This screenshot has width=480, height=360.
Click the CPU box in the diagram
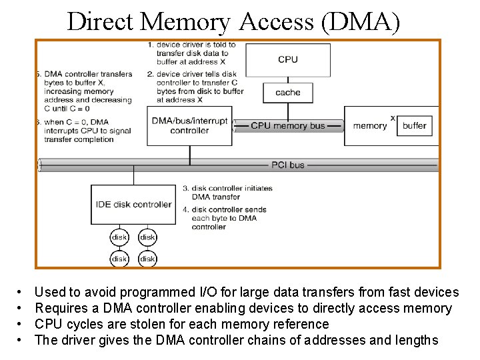[288, 59]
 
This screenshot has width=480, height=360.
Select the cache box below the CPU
[288, 93]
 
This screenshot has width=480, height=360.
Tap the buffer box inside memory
[414, 125]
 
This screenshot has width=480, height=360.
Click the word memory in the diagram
[369, 125]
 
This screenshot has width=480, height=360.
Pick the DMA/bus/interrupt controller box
[189, 126]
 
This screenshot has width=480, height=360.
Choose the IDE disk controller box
[133, 205]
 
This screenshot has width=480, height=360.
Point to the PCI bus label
[287, 165]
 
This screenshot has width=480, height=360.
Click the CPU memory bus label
[288, 125]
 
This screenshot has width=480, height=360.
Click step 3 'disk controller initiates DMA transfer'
[232, 193]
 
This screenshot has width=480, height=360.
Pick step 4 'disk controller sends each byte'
[229, 218]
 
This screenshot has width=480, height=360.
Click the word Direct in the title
[101, 21]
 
